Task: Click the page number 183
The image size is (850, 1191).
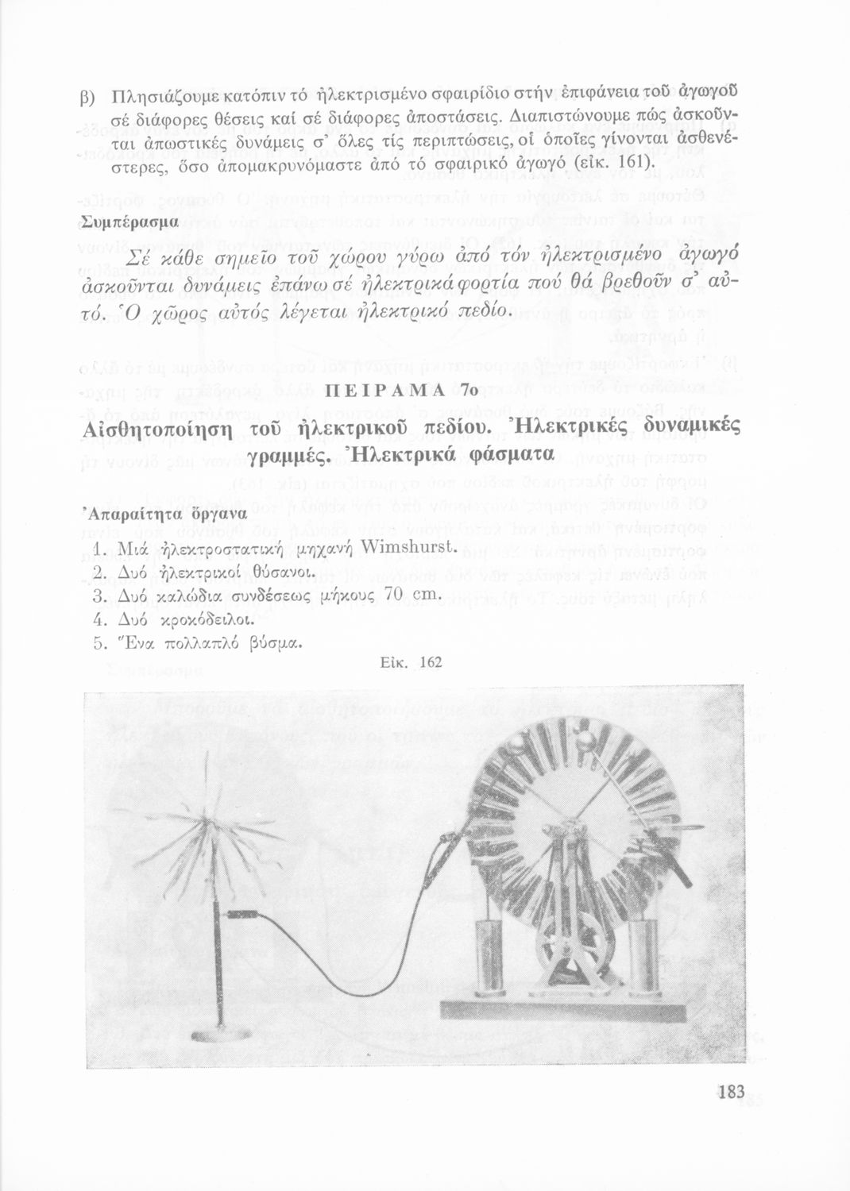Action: tap(730, 1092)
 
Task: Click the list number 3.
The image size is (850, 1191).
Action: tap(99, 595)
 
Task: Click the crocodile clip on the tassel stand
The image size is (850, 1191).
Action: tap(246, 914)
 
